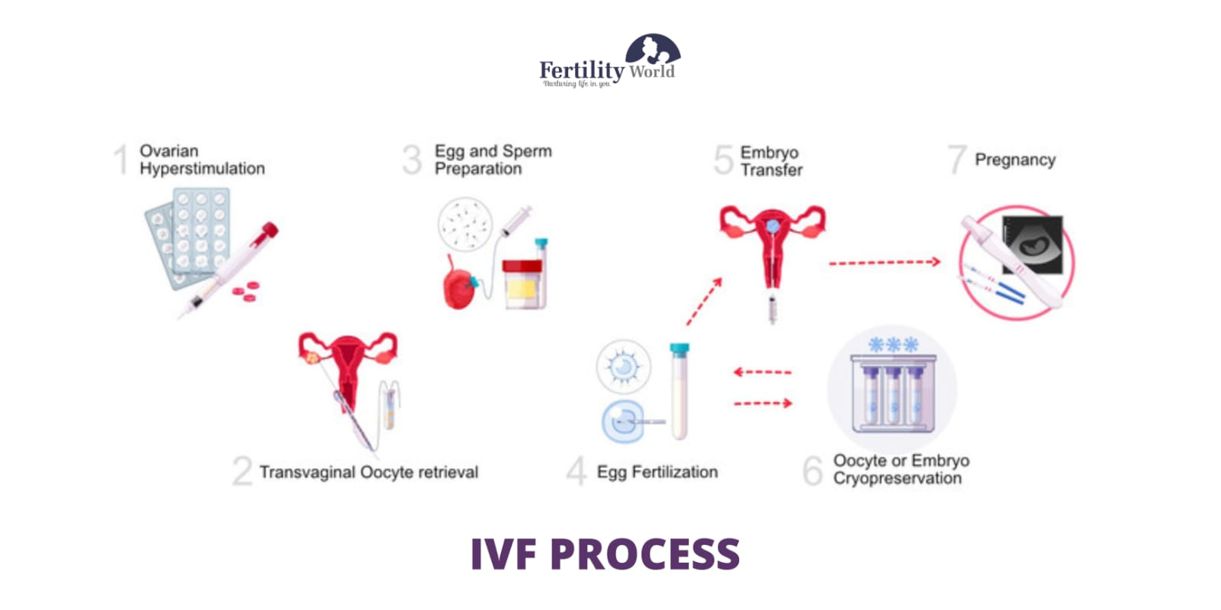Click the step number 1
(x=121, y=160)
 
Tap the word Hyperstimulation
(x=202, y=169)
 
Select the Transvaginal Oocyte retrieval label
(x=368, y=473)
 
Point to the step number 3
(x=412, y=160)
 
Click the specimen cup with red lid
(x=522, y=283)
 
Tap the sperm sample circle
(x=465, y=224)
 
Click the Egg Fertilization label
(x=657, y=473)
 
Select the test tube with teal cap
(x=679, y=390)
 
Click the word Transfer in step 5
(x=771, y=170)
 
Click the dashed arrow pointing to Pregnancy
(x=884, y=263)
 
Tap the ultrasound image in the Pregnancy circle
(x=1033, y=244)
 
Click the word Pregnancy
(x=1015, y=160)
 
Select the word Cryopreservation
(x=897, y=479)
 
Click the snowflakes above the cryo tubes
(x=893, y=345)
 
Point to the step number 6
(x=812, y=470)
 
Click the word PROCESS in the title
(x=644, y=554)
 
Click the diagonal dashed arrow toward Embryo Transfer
(x=703, y=302)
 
